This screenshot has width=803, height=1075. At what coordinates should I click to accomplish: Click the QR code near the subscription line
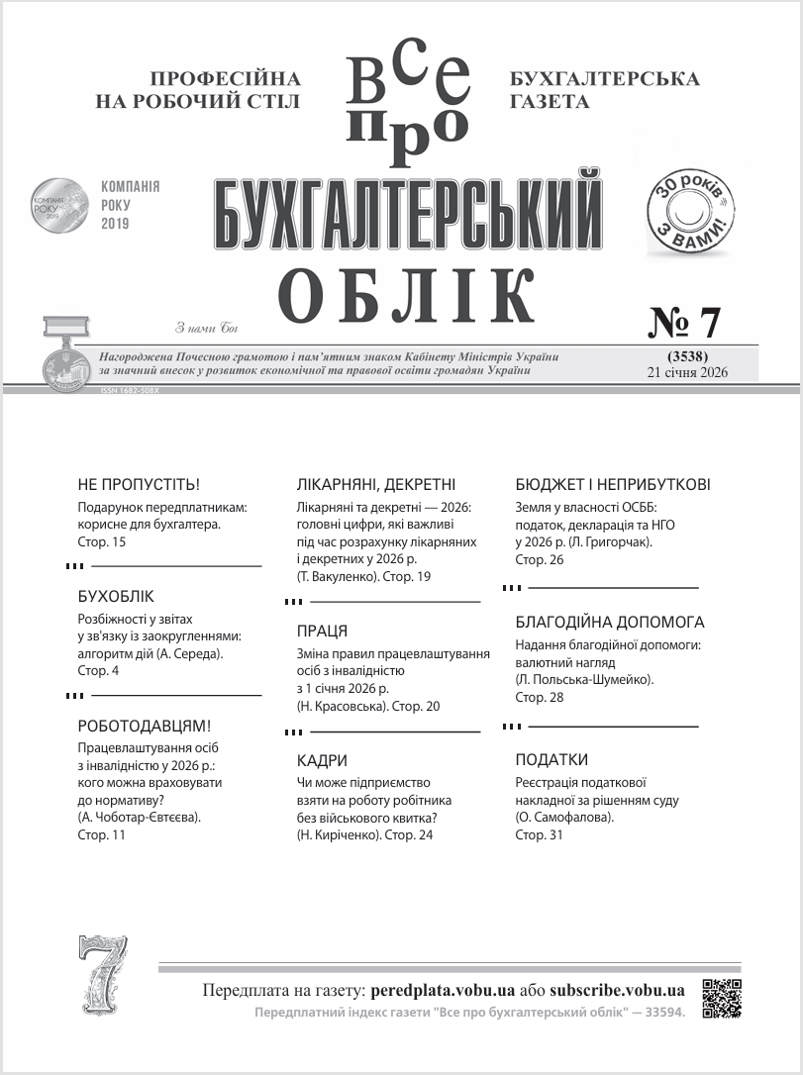click(722, 998)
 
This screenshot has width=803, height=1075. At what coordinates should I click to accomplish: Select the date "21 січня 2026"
click(686, 372)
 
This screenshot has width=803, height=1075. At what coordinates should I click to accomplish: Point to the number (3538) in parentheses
click(686, 356)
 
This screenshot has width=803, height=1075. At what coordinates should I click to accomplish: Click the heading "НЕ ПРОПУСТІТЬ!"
click(139, 485)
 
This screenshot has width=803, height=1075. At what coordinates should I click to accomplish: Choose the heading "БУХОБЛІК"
click(116, 597)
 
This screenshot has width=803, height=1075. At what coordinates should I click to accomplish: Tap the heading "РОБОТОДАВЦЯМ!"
click(144, 726)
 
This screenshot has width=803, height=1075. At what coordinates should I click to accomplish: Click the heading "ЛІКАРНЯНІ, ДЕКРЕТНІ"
click(376, 485)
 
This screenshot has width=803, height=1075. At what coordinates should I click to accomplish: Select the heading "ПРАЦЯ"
click(322, 631)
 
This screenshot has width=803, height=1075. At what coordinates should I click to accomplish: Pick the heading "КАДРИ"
click(322, 760)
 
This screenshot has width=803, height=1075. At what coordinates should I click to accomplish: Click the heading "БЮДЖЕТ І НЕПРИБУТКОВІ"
click(613, 485)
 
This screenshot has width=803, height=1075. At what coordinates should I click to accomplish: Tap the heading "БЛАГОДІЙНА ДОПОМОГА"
click(610, 623)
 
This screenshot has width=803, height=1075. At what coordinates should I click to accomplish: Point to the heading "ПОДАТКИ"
click(552, 760)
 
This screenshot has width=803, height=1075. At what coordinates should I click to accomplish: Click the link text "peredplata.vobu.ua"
click(443, 990)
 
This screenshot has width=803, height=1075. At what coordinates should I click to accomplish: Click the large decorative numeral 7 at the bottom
click(103, 976)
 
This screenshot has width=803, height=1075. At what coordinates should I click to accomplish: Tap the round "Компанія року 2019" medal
click(59, 205)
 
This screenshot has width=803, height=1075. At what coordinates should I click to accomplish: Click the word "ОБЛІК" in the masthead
click(406, 295)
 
